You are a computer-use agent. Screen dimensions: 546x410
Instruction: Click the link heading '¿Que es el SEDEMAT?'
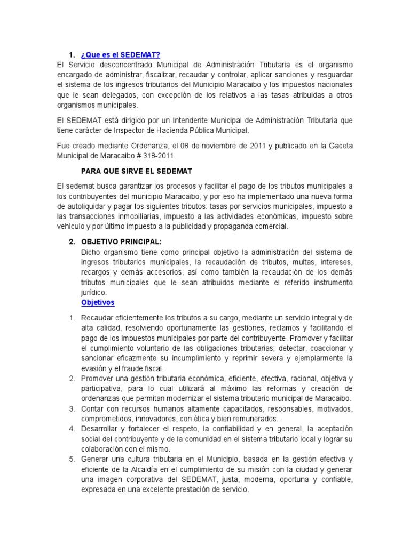coord(121,55)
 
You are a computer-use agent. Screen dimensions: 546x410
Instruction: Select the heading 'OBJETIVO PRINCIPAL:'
coord(121,242)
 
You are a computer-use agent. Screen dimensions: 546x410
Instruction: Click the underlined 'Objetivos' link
coord(98,302)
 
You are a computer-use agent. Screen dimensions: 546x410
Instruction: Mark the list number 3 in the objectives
coord(72,408)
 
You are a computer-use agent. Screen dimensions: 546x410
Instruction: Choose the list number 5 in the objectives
coord(72,459)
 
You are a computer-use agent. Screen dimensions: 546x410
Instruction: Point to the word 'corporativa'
coord(135,479)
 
